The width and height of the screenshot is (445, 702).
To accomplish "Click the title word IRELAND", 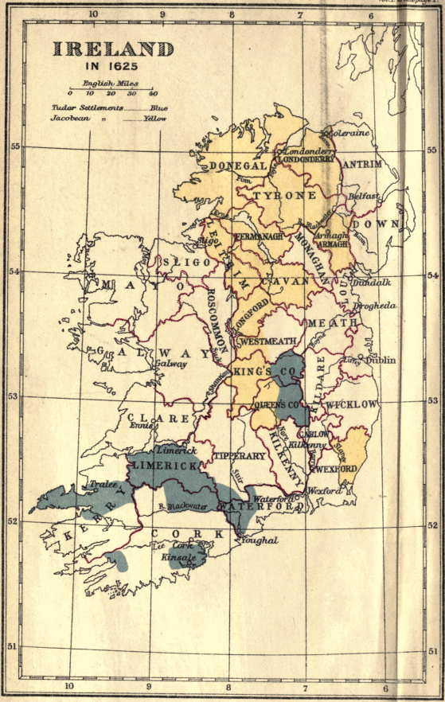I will pos(113,49).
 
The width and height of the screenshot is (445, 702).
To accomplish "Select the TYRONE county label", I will pos(285,195).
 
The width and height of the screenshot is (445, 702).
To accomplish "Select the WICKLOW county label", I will pos(351,404).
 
